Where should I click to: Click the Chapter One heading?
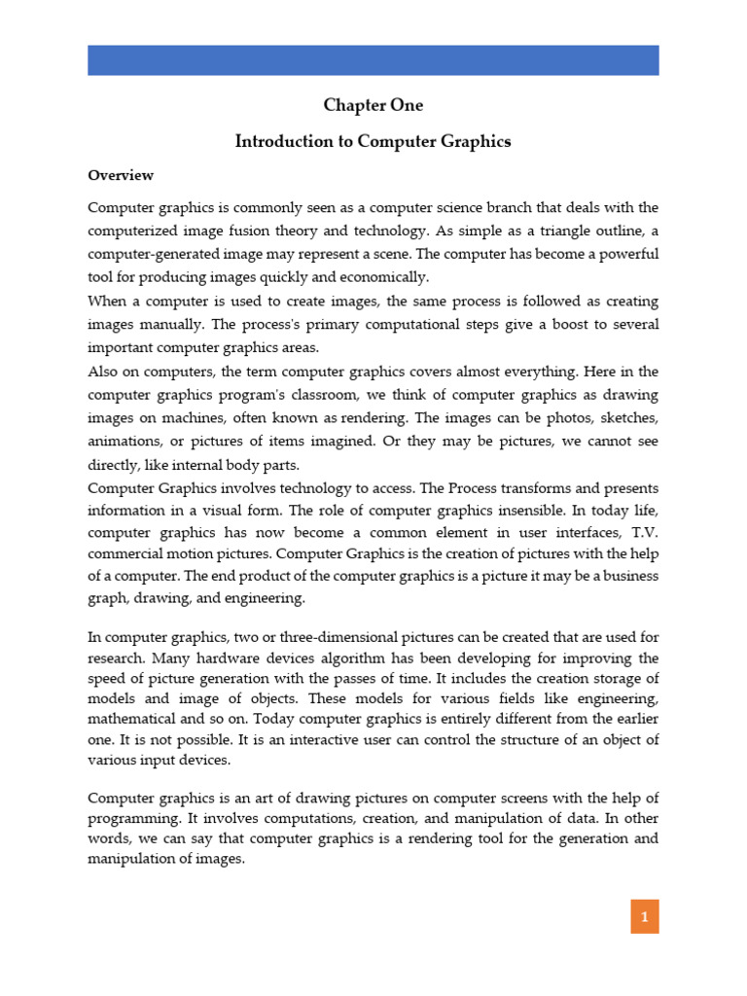(x=373, y=105)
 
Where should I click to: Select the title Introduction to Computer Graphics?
(x=373, y=141)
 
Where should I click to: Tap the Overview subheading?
(x=121, y=175)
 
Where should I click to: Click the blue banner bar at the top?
(x=373, y=59)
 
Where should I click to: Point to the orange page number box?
(x=643, y=915)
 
